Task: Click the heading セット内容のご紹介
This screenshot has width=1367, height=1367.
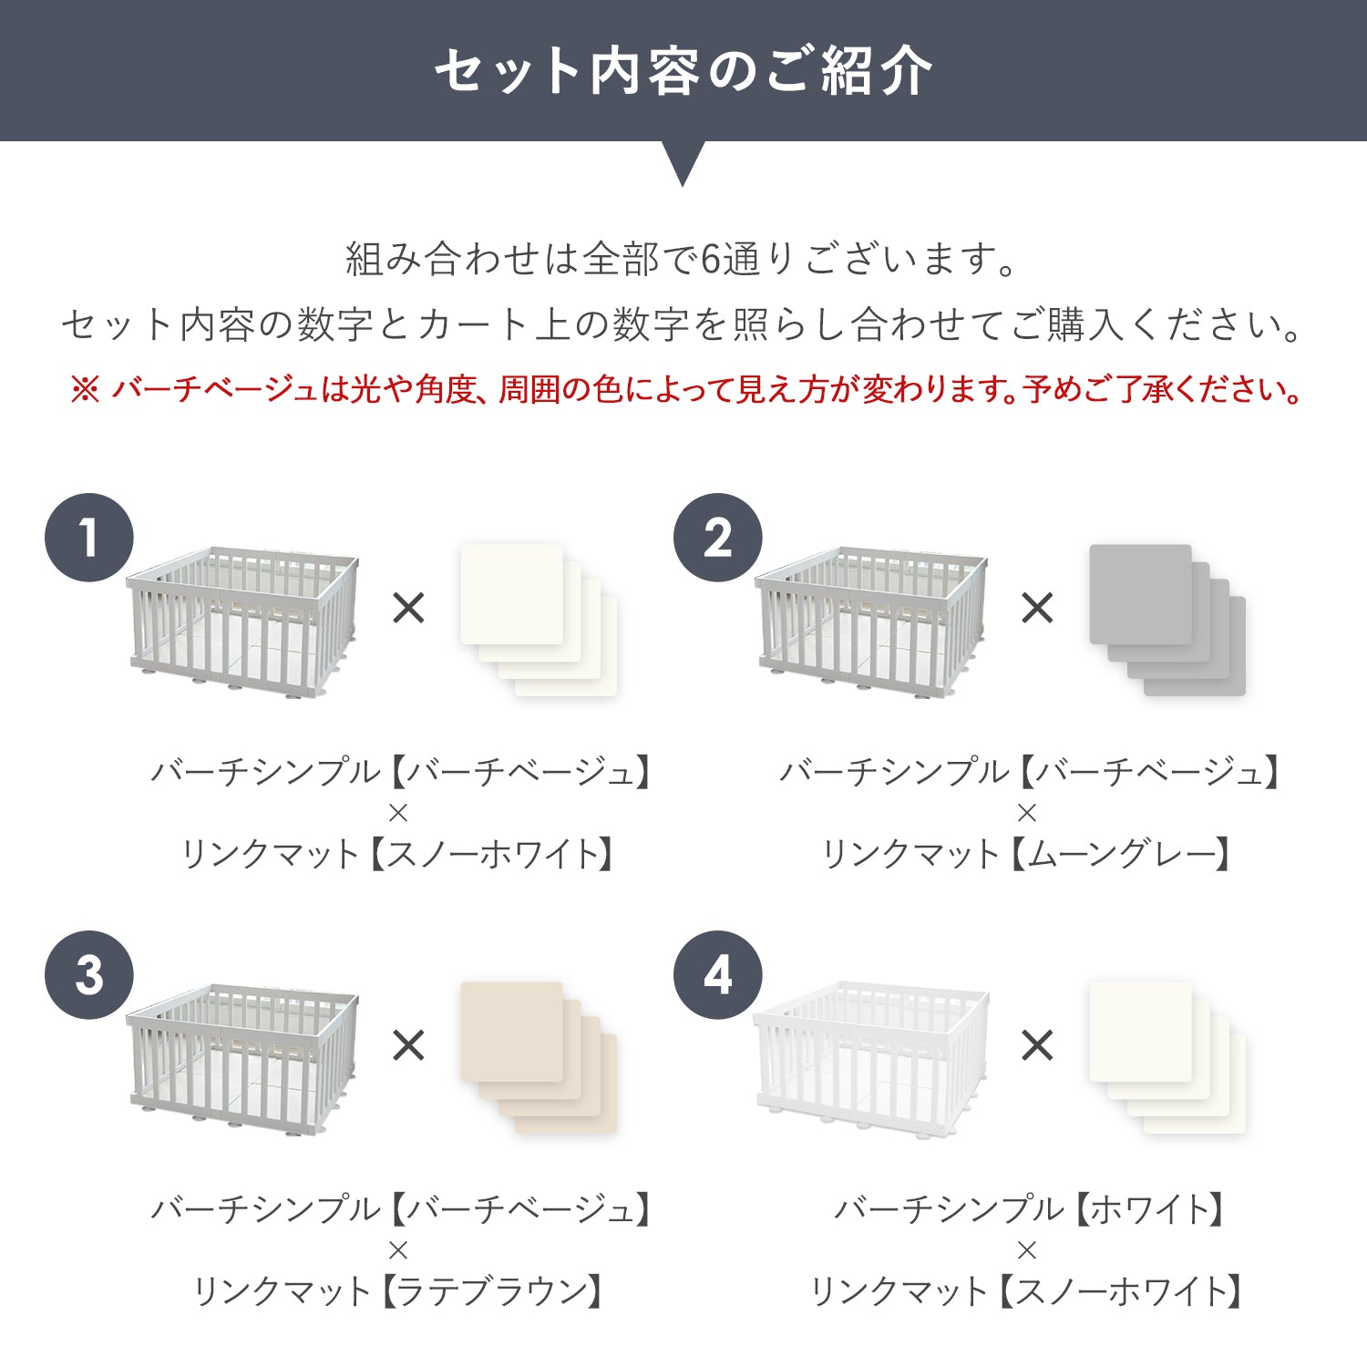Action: [x=683, y=71]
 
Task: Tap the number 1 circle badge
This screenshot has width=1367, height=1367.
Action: [x=89, y=538]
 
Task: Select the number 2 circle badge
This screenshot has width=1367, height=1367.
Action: [x=718, y=538]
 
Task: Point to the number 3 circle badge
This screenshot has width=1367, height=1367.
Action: [x=89, y=975]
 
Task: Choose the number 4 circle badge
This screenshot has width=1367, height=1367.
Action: [x=718, y=975]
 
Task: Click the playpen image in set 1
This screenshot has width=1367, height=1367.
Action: [x=242, y=624]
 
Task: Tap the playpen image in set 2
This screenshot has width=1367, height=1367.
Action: [x=871, y=624]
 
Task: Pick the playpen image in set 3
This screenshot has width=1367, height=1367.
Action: [x=242, y=1061]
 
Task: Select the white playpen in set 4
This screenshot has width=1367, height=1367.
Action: [x=871, y=1061]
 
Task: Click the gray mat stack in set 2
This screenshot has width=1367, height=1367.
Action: [x=1167, y=621]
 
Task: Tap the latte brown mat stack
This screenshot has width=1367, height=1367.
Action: [x=539, y=1058]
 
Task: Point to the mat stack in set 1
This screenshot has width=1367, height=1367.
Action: [x=539, y=621]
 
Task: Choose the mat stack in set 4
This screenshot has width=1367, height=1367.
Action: [x=1167, y=1058]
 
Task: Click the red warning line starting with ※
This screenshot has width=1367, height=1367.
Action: [x=686, y=390]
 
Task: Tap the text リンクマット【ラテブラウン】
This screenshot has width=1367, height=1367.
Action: [x=398, y=1291]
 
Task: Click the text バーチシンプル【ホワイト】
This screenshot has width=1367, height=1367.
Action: [x=1027, y=1209]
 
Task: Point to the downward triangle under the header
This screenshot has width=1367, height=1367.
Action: [x=683, y=162]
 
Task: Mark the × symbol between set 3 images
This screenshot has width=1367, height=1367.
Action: [x=408, y=1045]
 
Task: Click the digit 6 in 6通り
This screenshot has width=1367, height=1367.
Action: [x=710, y=260]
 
